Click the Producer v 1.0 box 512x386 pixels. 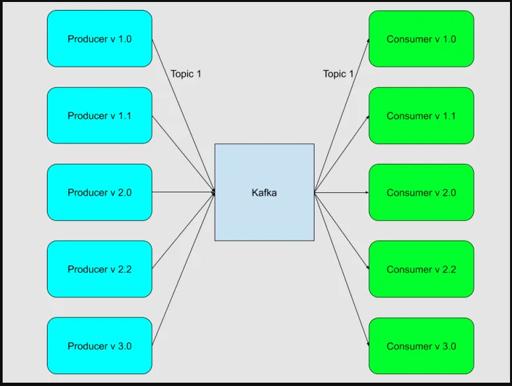pos(100,39)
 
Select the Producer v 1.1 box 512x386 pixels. pos(100,116)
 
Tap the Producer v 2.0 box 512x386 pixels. pos(100,192)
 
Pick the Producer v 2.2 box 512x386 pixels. pos(100,269)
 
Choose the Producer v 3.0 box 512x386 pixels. pos(100,346)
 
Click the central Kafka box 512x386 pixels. pos(264,192)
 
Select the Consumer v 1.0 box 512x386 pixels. pos(421,39)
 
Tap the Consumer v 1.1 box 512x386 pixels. pos(421,116)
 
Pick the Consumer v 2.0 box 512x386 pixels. pos(421,192)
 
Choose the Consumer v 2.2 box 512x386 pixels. pos(421,269)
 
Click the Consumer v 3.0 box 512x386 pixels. pos(421,346)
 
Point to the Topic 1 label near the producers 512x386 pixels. pos(186,74)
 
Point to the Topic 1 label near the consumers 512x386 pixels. pos(338,74)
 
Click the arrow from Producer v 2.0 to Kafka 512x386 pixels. pos(184,192)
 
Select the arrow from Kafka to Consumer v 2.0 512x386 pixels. pos(340,192)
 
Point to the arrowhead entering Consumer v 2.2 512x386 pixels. pos(367,268)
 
